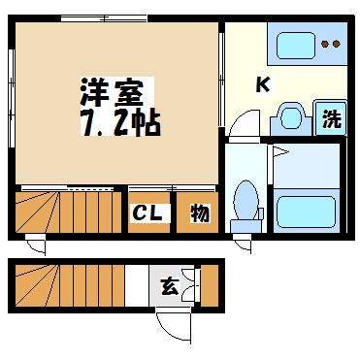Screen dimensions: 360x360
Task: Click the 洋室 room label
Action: tap(113, 93)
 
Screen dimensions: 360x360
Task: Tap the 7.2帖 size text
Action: tap(120, 123)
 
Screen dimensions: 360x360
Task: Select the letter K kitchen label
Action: tap(263, 85)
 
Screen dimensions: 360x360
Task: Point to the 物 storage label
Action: tap(200, 213)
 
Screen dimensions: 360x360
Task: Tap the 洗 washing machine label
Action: tap(332, 118)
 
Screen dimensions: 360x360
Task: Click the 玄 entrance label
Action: tap(171, 285)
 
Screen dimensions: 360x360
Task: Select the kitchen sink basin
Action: tap(296, 46)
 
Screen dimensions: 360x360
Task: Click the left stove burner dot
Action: tap(325, 44)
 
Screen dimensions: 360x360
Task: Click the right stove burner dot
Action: tap(337, 44)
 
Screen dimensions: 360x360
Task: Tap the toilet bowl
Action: tap(246, 199)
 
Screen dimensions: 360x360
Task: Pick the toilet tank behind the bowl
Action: tap(245, 226)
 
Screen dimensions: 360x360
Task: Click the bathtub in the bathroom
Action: tap(306, 212)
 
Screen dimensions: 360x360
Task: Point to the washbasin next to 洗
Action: tap(290, 118)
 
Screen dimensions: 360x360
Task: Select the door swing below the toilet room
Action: tap(244, 245)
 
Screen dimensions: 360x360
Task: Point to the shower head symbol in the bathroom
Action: tap(280, 151)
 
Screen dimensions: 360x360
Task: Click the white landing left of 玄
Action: tap(137, 285)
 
